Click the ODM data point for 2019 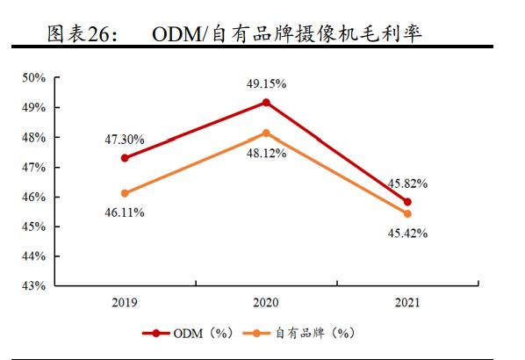pyautogui.click(x=125, y=158)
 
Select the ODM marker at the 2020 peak pyautogui.click(x=266, y=103)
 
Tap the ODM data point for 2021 pyautogui.click(x=407, y=202)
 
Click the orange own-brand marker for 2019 pyautogui.click(x=125, y=193)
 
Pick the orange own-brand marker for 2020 pyautogui.click(x=266, y=133)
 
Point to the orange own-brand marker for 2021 pyautogui.click(x=407, y=213)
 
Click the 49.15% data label pyautogui.click(x=266, y=83)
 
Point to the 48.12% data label pyautogui.click(x=266, y=152)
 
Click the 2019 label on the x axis pyautogui.click(x=125, y=303)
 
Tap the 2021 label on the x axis pyautogui.click(x=407, y=303)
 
